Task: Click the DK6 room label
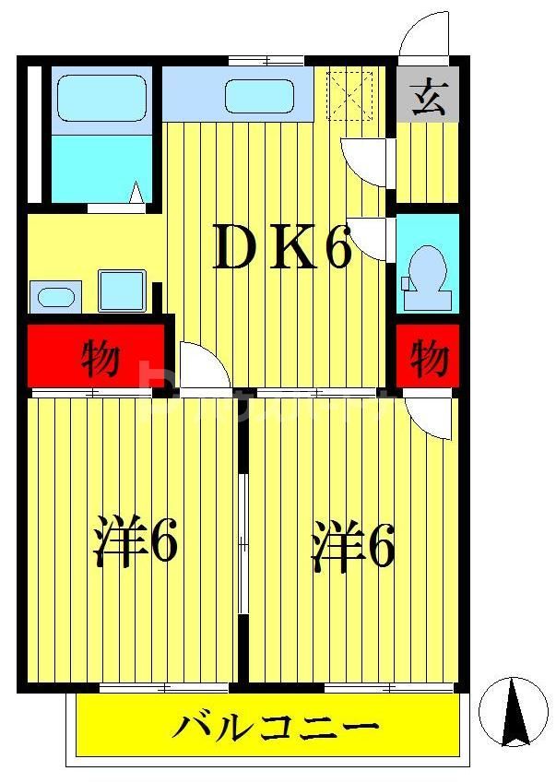tap(282, 251)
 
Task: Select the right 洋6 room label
tap(353, 546)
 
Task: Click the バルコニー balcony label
tap(276, 729)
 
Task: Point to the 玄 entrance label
tap(427, 96)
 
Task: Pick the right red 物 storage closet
tap(428, 357)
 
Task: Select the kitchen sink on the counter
tap(259, 96)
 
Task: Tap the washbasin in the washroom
tap(55, 298)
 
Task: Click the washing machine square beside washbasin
tap(123, 291)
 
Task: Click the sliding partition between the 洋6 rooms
tap(243, 544)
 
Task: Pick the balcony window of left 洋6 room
tap(164, 687)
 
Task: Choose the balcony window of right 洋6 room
tap(389, 687)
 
